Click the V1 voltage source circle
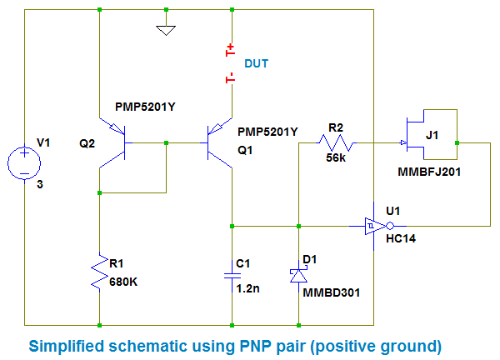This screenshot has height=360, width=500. [x=25, y=162]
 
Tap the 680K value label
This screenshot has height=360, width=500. [x=123, y=281]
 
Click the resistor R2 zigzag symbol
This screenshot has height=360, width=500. [x=336, y=144]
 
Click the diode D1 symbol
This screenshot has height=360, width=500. [x=298, y=275]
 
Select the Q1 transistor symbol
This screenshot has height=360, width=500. [x=219, y=143]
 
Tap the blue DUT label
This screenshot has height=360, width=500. [x=256, y=63]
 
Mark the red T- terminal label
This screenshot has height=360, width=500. [x=231, y=79]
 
